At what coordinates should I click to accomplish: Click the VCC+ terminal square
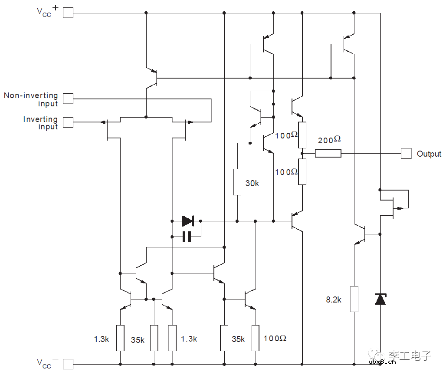[x=68, y=13]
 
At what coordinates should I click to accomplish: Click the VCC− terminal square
[x=68, y=364]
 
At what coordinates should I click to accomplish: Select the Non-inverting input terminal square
[x=68, y=99]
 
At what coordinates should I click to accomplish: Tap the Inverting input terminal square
[x=68, y=122]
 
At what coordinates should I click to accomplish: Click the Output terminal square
[x=406, y=153]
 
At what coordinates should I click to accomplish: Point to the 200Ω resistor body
[x=328, y=153]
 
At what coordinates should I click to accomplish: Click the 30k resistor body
[x=237, y=182]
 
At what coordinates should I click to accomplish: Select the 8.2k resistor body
[x=354, y=299]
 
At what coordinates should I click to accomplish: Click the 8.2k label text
[x=334, y=299]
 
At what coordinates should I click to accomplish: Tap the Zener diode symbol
[x=380, y=299]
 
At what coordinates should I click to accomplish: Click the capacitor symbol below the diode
[x=187, y=237]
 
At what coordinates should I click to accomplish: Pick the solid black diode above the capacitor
[x=188, y=221]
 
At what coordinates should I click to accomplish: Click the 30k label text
[x=253, y=184]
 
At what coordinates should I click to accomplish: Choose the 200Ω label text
[x=329, y=140]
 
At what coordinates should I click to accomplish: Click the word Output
[x=429, y=154]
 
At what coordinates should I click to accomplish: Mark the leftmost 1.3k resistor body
[x=120, y=338]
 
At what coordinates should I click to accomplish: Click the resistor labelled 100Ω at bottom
[x=256, y=338]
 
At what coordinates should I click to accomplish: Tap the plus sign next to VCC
[x=56, y=8]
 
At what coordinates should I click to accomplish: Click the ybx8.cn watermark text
[x=382, y=362]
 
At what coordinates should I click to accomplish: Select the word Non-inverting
[x=31, y=95]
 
